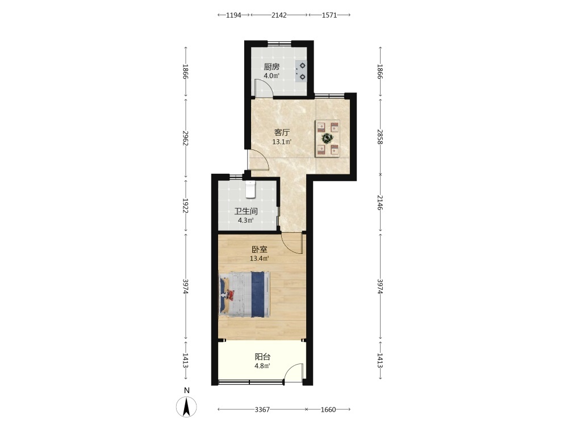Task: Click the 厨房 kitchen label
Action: [272, 67]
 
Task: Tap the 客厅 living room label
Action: [282, 132]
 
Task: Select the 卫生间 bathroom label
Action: [246, 211]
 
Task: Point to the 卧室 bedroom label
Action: [260, 249]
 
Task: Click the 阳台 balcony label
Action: [262, 357]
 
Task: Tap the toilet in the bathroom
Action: [250, 189]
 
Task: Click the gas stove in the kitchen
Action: [301, 72]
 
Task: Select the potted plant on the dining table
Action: [328, 138]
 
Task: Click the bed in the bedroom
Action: [244, 294]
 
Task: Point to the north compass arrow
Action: [186, 407]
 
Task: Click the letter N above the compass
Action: [187, 391]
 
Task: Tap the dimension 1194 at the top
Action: [233, 15]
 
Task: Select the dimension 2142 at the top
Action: [279, 15]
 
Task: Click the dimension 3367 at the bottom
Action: [262, 410]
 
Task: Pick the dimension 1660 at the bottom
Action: [328, 410]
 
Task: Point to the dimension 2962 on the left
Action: [186, 138]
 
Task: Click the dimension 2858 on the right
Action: [380, 136]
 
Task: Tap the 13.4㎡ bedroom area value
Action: [260, 258]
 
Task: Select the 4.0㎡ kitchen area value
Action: [272, 76]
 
